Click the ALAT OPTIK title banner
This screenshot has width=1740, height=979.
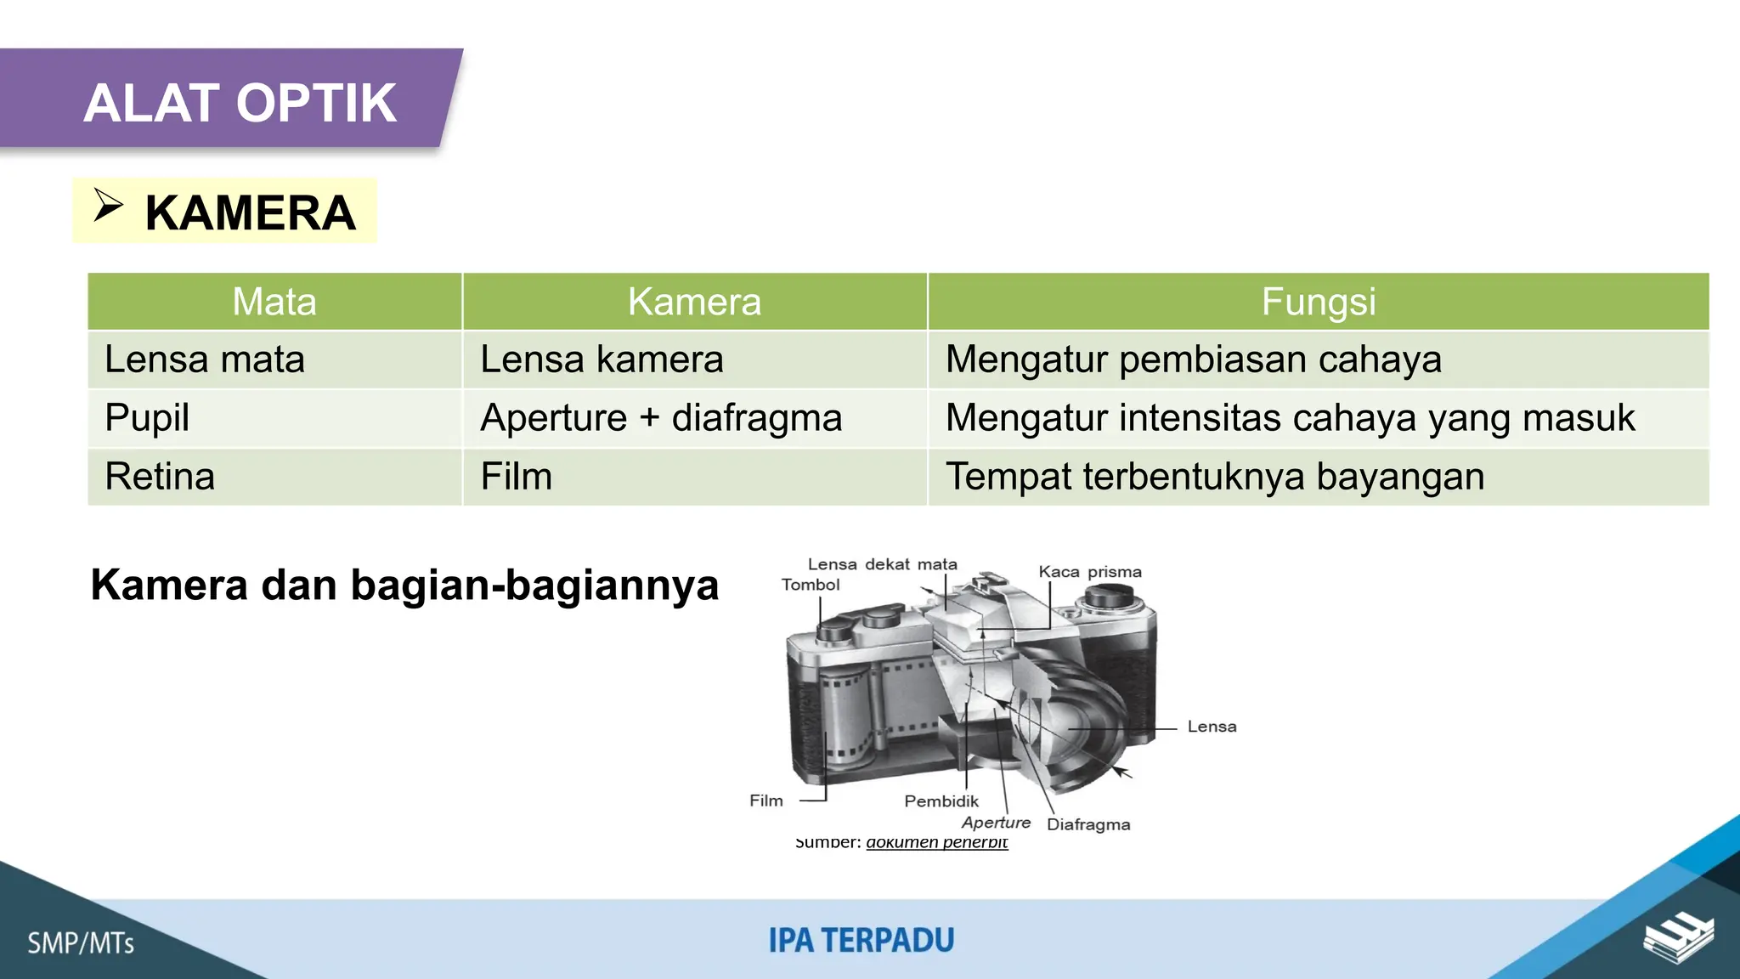coord(240,103)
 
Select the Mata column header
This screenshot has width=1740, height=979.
coord(274,302)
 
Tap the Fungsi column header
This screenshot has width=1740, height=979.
coord(1318,302)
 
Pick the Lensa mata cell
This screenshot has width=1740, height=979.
coord(205,359)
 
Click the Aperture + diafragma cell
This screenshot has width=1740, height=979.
coord(661,418)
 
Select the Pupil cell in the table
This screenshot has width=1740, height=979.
coord(147,418)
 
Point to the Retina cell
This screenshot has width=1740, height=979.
coord(160,477)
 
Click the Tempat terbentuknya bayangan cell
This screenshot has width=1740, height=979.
coord(1215,477)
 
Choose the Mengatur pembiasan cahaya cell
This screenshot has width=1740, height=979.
coord(1194,359)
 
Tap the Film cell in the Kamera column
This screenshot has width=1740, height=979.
coord(517,477)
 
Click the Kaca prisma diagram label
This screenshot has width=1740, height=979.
coord(1090,572)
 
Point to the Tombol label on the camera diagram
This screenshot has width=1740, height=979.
coord(811,585)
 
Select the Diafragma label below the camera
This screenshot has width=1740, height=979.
coord(1088,824)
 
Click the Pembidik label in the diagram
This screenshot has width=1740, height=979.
coord(941,801)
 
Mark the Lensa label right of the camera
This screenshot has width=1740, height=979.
coord(1212,727)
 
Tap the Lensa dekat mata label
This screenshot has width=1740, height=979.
coord(882,564)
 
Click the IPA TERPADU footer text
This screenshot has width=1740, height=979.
coord(862,941)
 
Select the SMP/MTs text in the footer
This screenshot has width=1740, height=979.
coord(81,943)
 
